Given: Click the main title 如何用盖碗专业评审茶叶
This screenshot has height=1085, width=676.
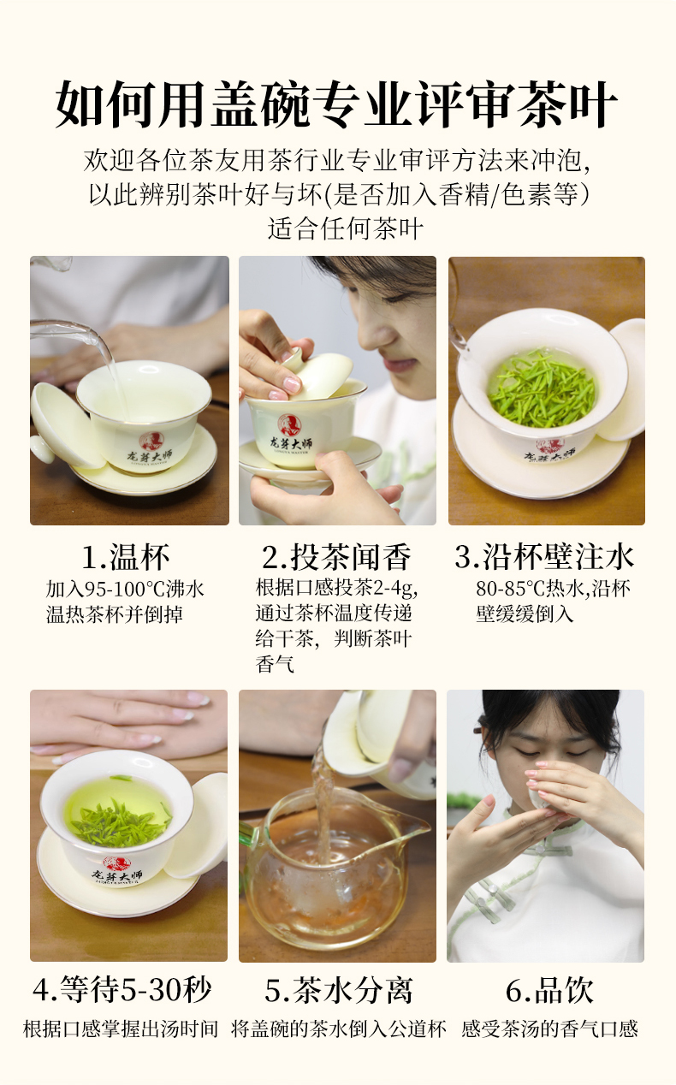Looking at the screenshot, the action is click(336, 104).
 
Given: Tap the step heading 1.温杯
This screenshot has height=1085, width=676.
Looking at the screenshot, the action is click(126, 557).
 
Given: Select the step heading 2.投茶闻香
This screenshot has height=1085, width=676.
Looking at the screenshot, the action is click(336, 557).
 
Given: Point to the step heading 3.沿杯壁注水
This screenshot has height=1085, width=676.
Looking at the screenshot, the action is click(544, 556).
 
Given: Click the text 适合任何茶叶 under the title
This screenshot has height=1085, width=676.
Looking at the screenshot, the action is click(345, 229).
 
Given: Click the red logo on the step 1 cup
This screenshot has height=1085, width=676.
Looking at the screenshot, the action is click(151, 442).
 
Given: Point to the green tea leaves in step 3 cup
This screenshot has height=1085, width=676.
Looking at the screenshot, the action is click(541, 388).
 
